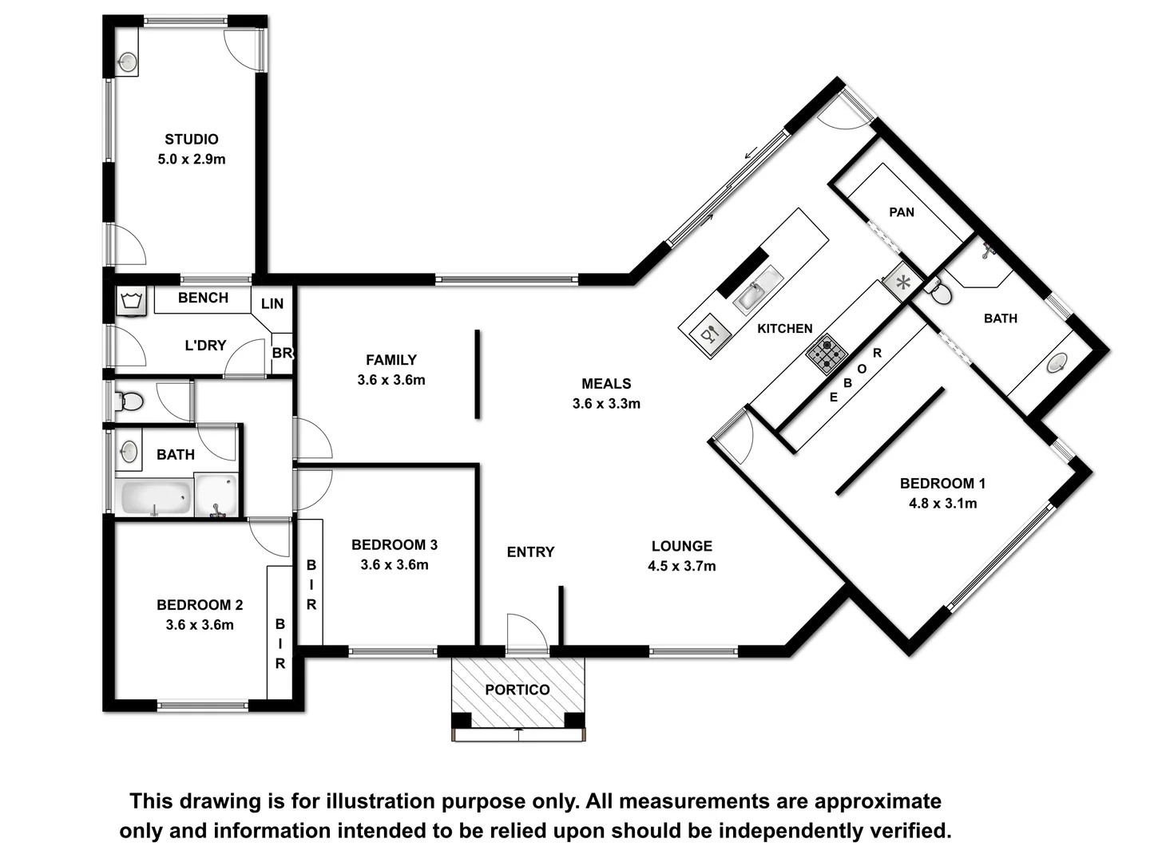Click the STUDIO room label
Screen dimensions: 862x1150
point(192,139)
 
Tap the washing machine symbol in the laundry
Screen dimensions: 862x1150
point(131,302)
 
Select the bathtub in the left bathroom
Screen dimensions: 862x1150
point(154,496)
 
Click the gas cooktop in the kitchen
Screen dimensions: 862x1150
point(827,354)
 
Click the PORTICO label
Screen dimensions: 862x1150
point(517,690)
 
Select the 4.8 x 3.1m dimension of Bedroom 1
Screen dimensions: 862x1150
point(942,503)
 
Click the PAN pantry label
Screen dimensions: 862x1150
point(902,212)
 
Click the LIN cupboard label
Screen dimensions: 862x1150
point(272,303)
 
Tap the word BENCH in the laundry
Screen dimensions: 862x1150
point(203,298)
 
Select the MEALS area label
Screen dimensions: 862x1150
point(606,384)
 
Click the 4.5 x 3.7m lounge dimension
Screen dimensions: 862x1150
point(681,566)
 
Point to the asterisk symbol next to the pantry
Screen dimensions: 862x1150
point(903,282)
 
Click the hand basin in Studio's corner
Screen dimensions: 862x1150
point(127,61)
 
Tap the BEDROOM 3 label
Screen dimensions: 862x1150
point(395,545)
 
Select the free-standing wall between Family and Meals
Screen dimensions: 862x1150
point(478,374)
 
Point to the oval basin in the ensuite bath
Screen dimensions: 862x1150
point(1057,363)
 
